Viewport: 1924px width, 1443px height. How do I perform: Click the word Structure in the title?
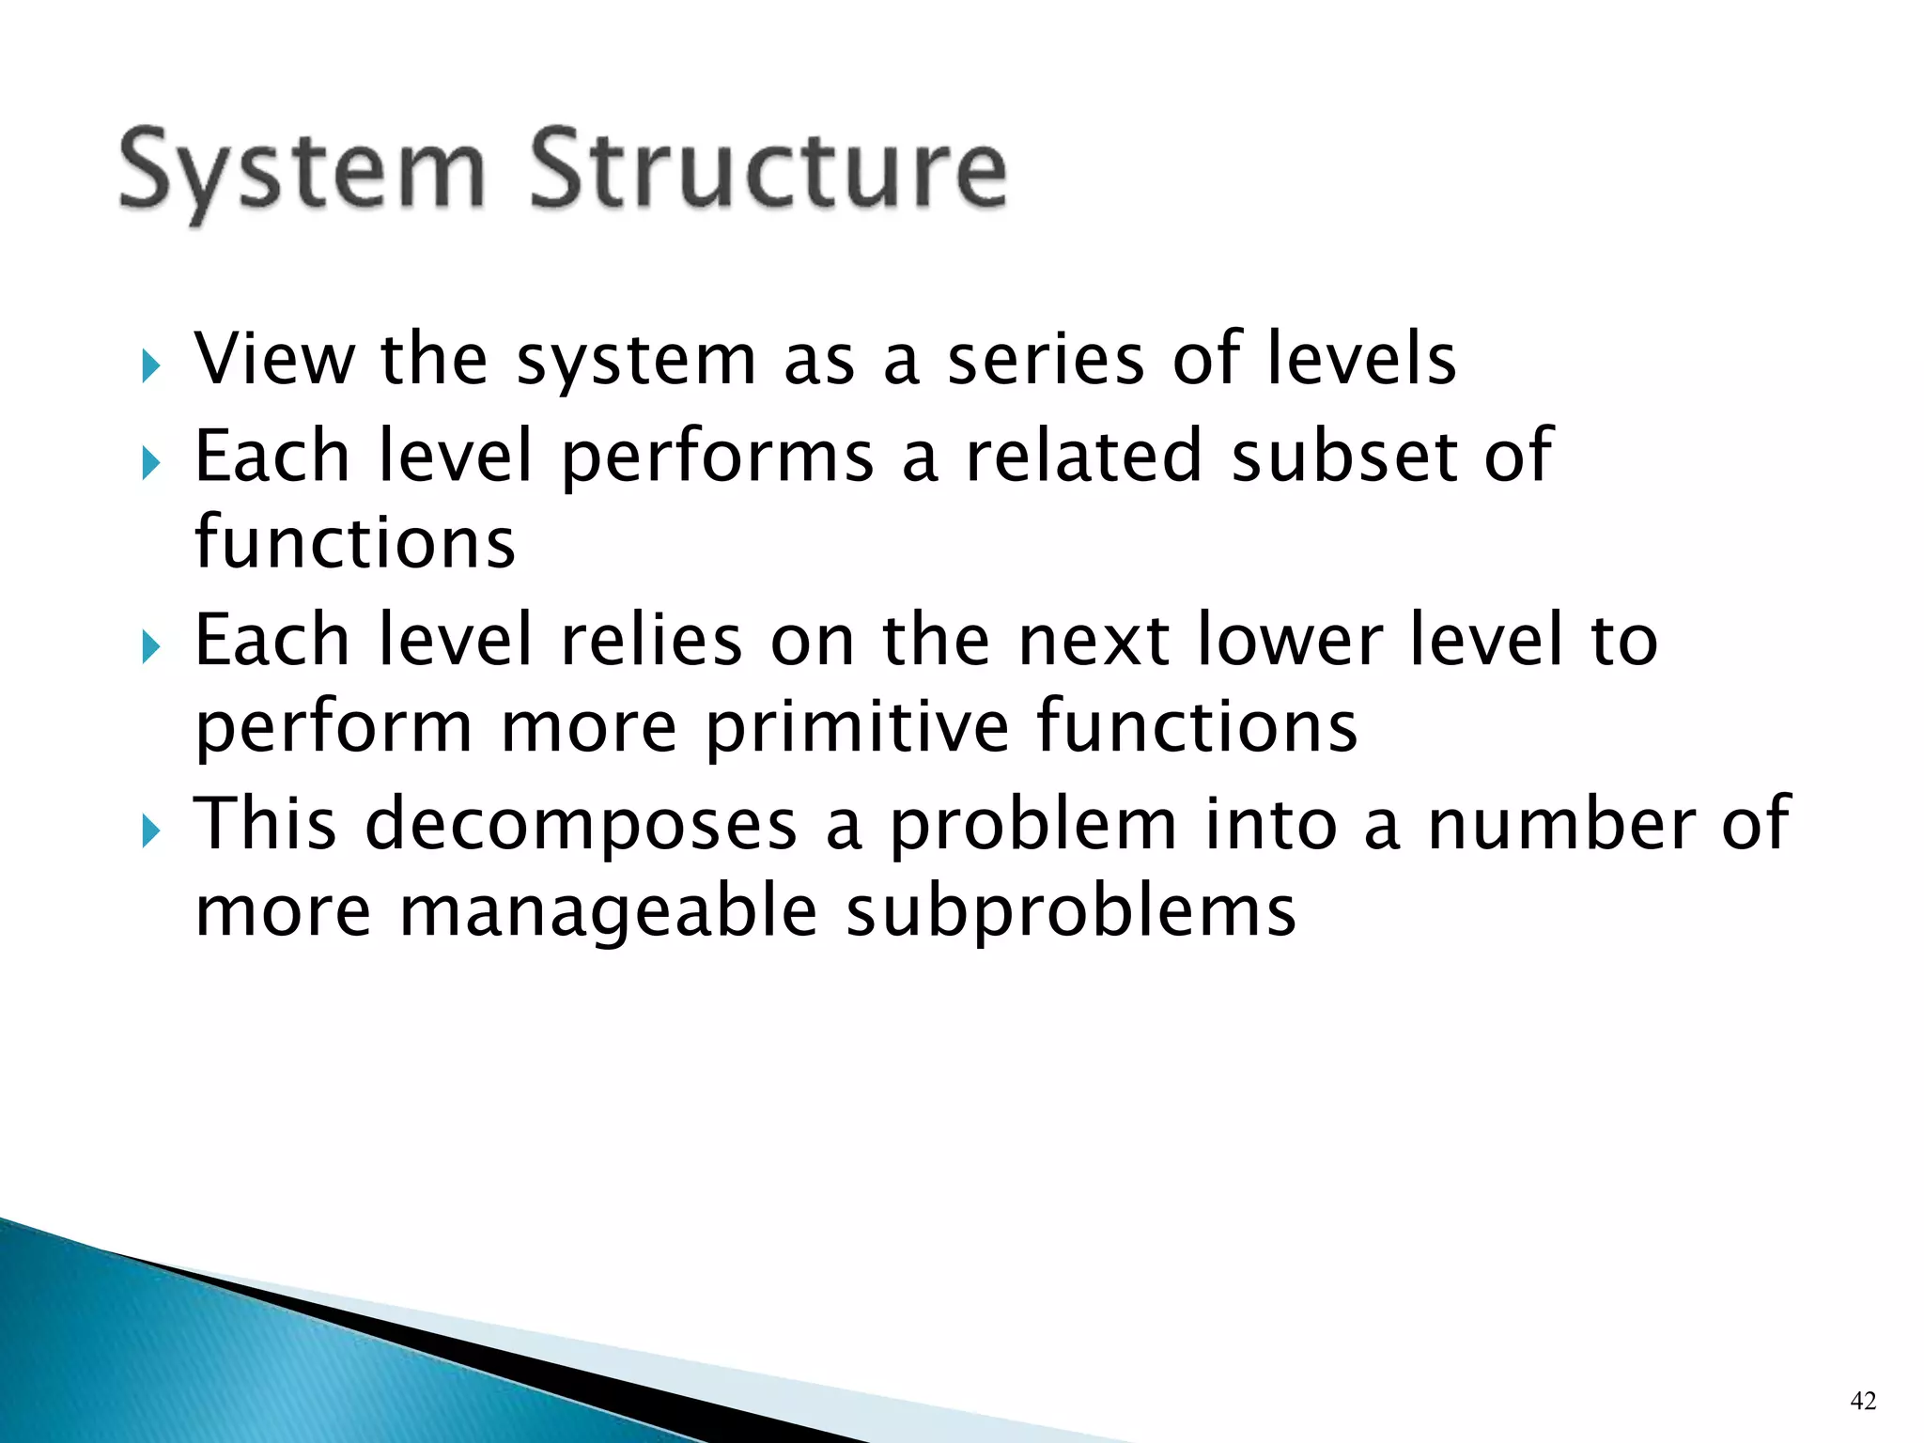click(768, 169)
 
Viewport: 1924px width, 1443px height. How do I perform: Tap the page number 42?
click(1863, 1401)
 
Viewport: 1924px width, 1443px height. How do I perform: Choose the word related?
click(1084, 456)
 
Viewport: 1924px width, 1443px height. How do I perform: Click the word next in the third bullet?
click(1094, 640)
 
